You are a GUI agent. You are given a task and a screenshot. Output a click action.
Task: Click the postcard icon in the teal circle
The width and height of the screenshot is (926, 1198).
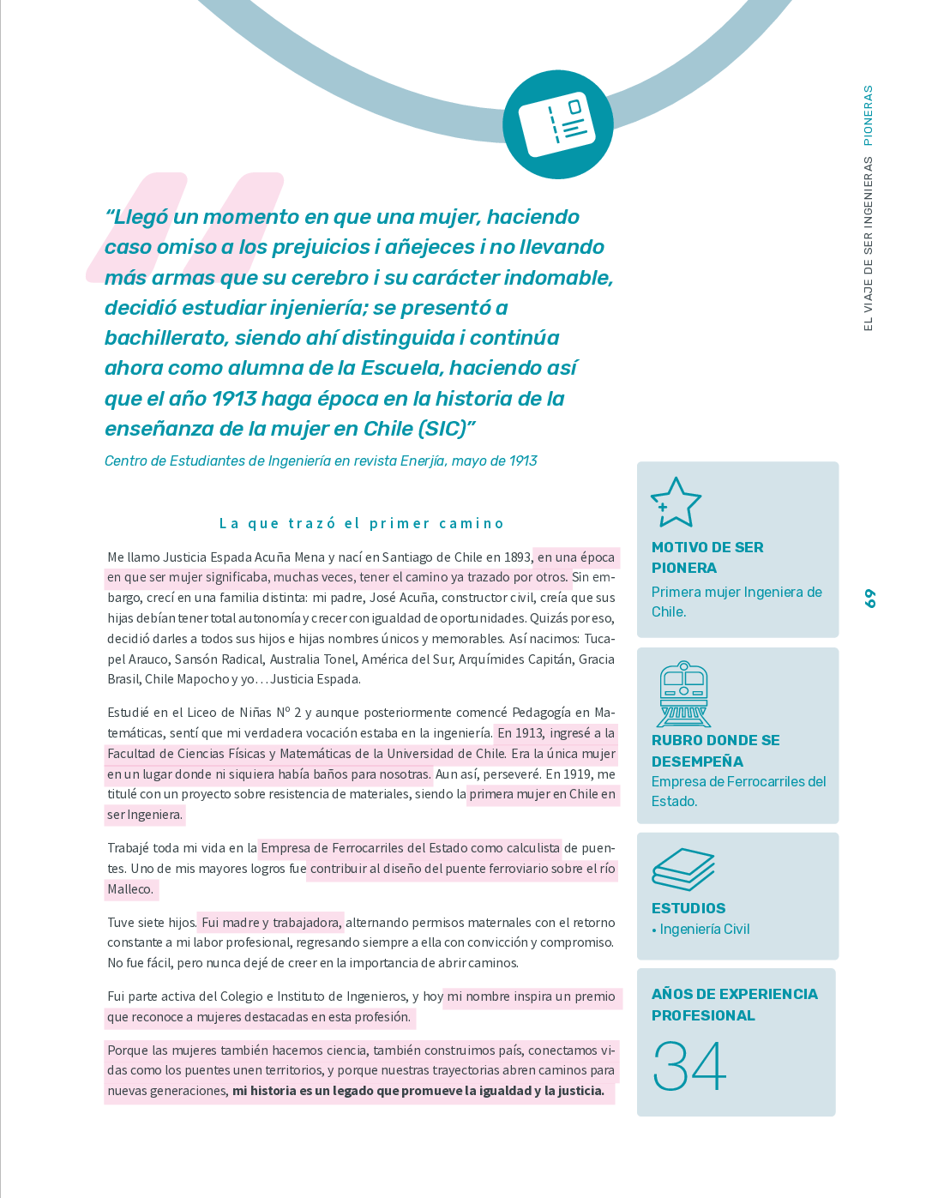tap(558, 124)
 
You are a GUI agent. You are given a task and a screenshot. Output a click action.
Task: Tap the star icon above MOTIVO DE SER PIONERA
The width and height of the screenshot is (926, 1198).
tap(676, 502)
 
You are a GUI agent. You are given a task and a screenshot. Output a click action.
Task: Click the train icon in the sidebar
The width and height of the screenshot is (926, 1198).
tap(683, 694)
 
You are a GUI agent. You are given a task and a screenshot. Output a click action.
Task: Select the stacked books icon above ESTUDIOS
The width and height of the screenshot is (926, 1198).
tap(682, 870)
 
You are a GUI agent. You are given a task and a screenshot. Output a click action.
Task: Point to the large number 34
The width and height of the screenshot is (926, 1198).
tap(689, 1066)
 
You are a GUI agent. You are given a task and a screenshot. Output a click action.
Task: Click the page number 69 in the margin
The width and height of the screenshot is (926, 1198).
tap(870, 599)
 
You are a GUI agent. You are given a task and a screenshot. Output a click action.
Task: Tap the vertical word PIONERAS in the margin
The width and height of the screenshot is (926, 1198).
tap(868, 115)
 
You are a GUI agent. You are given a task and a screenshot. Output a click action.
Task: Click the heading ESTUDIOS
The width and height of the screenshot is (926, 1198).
tap(688, 908)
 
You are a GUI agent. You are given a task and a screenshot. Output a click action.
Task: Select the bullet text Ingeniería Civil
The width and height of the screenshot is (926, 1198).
tap(705, 930)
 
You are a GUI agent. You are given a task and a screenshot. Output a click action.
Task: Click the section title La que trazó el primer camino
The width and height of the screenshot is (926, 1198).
tap(361, 523)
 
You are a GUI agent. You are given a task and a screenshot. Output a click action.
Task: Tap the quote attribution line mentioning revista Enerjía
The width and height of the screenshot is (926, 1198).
tap(321, 461)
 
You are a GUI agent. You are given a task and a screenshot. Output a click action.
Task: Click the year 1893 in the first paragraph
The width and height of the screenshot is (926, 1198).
tap(517, 557)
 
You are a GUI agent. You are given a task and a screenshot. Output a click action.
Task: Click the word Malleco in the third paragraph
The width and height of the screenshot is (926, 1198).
tap(129, 889)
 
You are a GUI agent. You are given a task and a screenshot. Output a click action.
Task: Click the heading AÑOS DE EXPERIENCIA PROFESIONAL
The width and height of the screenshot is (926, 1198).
tap(734, 1004)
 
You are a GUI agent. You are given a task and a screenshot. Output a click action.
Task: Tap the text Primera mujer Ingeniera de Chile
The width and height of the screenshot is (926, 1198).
tap(736, 601)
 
